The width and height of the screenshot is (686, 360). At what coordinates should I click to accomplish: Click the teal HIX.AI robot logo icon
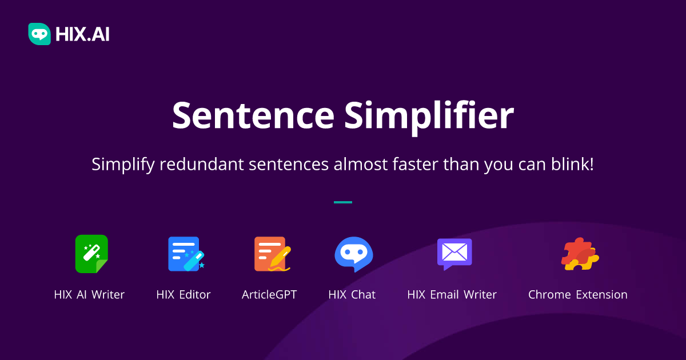tap(39, 34)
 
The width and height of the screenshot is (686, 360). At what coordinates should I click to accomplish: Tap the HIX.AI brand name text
tap(82, 34)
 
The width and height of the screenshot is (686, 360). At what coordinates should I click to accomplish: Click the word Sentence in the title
tap(253, 115)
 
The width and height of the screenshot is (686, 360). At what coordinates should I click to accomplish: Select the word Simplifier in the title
tap(429, 118)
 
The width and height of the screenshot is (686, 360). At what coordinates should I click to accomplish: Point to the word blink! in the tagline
tap(572, 164)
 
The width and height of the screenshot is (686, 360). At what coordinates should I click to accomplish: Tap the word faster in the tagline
tap(415, 164)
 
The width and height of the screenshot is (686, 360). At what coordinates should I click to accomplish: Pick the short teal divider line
tap(343, 202)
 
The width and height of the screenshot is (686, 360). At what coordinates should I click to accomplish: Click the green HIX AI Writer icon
tap(91, 254)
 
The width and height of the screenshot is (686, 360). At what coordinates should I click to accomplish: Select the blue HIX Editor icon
tap(186, 254)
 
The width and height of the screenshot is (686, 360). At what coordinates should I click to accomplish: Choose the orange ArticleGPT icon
tap(272, 254)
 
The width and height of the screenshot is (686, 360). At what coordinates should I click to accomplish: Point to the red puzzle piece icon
tap(580, 254)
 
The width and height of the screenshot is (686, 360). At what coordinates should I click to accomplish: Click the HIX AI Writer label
tap(89, 294)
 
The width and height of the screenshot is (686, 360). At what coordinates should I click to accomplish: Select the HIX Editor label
tap(183, 294)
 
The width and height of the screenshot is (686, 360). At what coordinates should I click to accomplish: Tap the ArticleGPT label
tap(269, 294)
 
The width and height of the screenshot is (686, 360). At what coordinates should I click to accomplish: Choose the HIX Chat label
tap(352, 294)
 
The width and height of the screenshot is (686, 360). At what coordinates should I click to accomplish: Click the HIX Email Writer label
tap(452, 294)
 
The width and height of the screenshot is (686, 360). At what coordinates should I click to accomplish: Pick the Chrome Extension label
tap(577, 294)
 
